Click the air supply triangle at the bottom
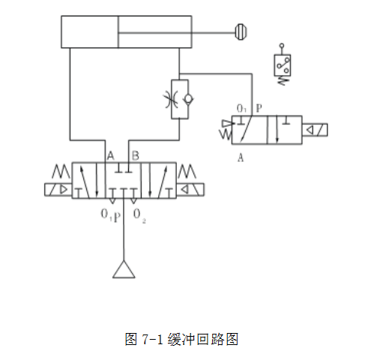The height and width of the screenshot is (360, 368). pyautogui.click(x=124, y=269)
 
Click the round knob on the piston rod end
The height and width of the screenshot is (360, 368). pyautogui.click(x=241, y=31)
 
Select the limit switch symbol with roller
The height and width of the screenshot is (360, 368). pyautogui.click(x=283, y=64)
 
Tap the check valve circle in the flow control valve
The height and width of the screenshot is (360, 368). pyautogui.click(x=188, y=99)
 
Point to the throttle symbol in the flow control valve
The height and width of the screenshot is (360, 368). pyautogui.click(x=172, y=99)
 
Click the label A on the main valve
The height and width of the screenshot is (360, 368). pyautogui.click(x=110, y=156)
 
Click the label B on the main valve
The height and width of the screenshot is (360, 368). pyautogui.click(x=135, y=156)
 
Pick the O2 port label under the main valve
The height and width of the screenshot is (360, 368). pyautogui.click(x=139, y=216)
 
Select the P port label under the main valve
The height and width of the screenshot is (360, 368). pyautogui.click(x=117, y=217)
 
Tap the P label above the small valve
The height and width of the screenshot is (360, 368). pyautogui.click(x=259, y=108)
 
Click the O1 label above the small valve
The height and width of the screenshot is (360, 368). pyautogui.click(x=241, y=109)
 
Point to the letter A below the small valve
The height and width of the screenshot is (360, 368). pyautogui.click(x=241, y=157)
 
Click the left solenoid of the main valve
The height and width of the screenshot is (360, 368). pyautogui.click(x=58, y=190)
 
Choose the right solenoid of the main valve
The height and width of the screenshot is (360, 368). pyautogui.click(x=190, y=190)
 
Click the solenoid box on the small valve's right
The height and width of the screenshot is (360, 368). pyautogui.click(x=315, y=130)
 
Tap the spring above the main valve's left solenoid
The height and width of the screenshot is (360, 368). pyautogui.click(x=61, y=171)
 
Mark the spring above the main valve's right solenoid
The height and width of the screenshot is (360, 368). pyautogui.click(x=187, y=171)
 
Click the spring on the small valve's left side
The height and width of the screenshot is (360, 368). pyautogui.click(x=226, y=134)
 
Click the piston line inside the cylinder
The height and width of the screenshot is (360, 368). pyautogui.click(x=118, y=31)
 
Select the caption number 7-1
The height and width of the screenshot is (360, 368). pyautogui.click(x=152, y=339)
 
